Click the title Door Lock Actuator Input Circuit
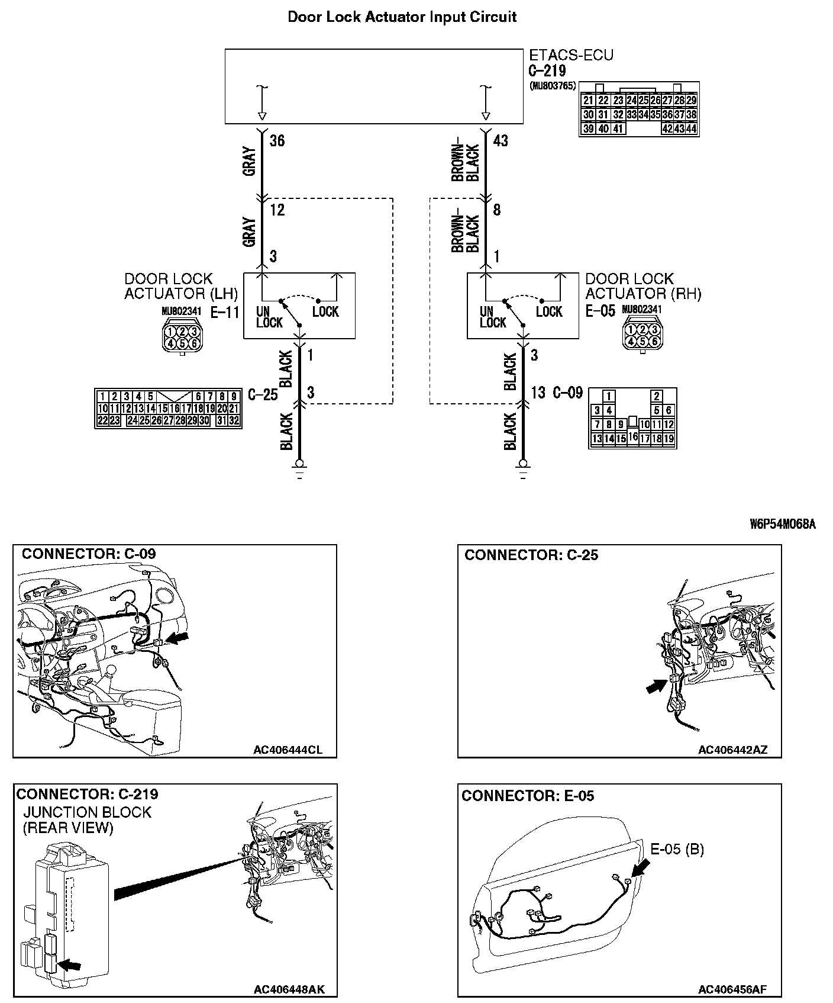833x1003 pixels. click(402, 17)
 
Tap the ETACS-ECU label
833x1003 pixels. click(570, 55)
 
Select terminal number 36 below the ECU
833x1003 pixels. click(277, 141)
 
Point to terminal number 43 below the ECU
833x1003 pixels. click(500, 141)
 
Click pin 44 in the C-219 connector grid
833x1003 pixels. click(691, 128)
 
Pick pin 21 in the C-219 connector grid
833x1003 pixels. click(588, 101)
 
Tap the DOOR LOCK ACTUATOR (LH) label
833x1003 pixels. click(181, 286)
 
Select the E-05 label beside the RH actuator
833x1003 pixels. click(600, 311)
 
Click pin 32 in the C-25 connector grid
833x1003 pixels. click(234, 420)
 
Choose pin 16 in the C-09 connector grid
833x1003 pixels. click(633, 437)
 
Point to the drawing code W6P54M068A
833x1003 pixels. click(782, 524)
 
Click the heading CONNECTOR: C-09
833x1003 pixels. click(89, 554)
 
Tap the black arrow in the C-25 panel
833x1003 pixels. click(656, 687)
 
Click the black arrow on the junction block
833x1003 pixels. click(71, 965)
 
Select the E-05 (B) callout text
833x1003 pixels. click(677, 850)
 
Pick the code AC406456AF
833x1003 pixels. click(732, 989)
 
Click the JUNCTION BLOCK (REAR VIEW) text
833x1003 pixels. click(87, 820)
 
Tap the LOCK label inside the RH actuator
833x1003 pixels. click(548, 312)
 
